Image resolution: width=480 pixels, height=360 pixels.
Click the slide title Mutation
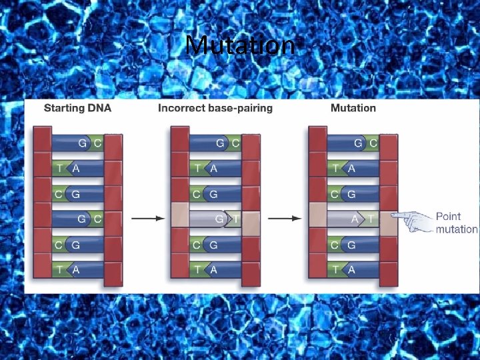240,45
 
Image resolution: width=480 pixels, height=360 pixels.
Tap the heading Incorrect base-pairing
215,108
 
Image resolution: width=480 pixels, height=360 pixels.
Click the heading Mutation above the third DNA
353,108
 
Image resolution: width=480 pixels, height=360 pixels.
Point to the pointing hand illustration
411,221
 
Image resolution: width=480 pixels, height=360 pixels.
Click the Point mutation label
456,223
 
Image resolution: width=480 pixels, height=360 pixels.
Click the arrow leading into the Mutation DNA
287,219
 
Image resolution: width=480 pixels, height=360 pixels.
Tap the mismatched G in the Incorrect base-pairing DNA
218,219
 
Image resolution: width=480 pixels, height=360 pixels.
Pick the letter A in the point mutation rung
356,219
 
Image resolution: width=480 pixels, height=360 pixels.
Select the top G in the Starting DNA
82,143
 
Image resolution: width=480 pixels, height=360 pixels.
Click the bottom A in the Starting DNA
75,269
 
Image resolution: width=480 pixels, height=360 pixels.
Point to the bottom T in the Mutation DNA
335,269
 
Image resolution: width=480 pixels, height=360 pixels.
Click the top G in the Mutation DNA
358,143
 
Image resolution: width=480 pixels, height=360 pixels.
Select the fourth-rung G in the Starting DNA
82,219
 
